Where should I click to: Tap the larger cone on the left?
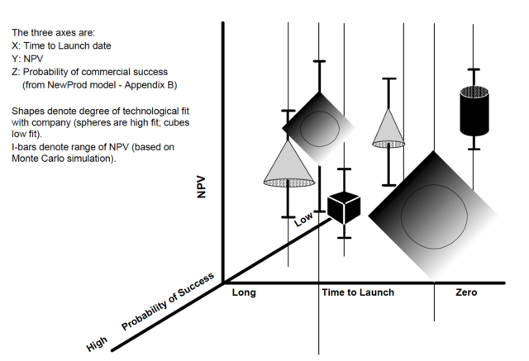tap(288, 164)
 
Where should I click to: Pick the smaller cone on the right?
tap(388, 128)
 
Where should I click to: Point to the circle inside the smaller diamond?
tap(318, 126)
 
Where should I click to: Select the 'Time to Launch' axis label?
tap(358, 292)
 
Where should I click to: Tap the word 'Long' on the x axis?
tap(244, 292)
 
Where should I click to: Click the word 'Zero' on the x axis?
tap(466, 292)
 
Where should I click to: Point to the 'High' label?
tap(97, 343)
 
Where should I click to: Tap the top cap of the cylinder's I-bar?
tap(474, 69)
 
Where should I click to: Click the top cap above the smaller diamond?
tap(319, 61)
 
